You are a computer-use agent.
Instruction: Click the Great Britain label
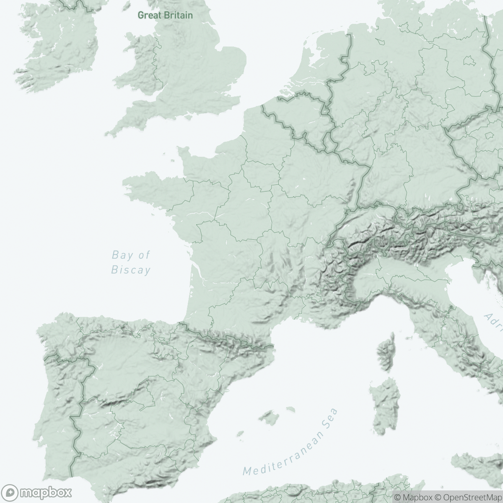[166, 16]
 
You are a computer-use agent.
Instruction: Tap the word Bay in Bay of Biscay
[119, 255]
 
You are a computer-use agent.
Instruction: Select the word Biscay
[130, 270]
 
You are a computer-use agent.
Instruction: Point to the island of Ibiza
[240, 434]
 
